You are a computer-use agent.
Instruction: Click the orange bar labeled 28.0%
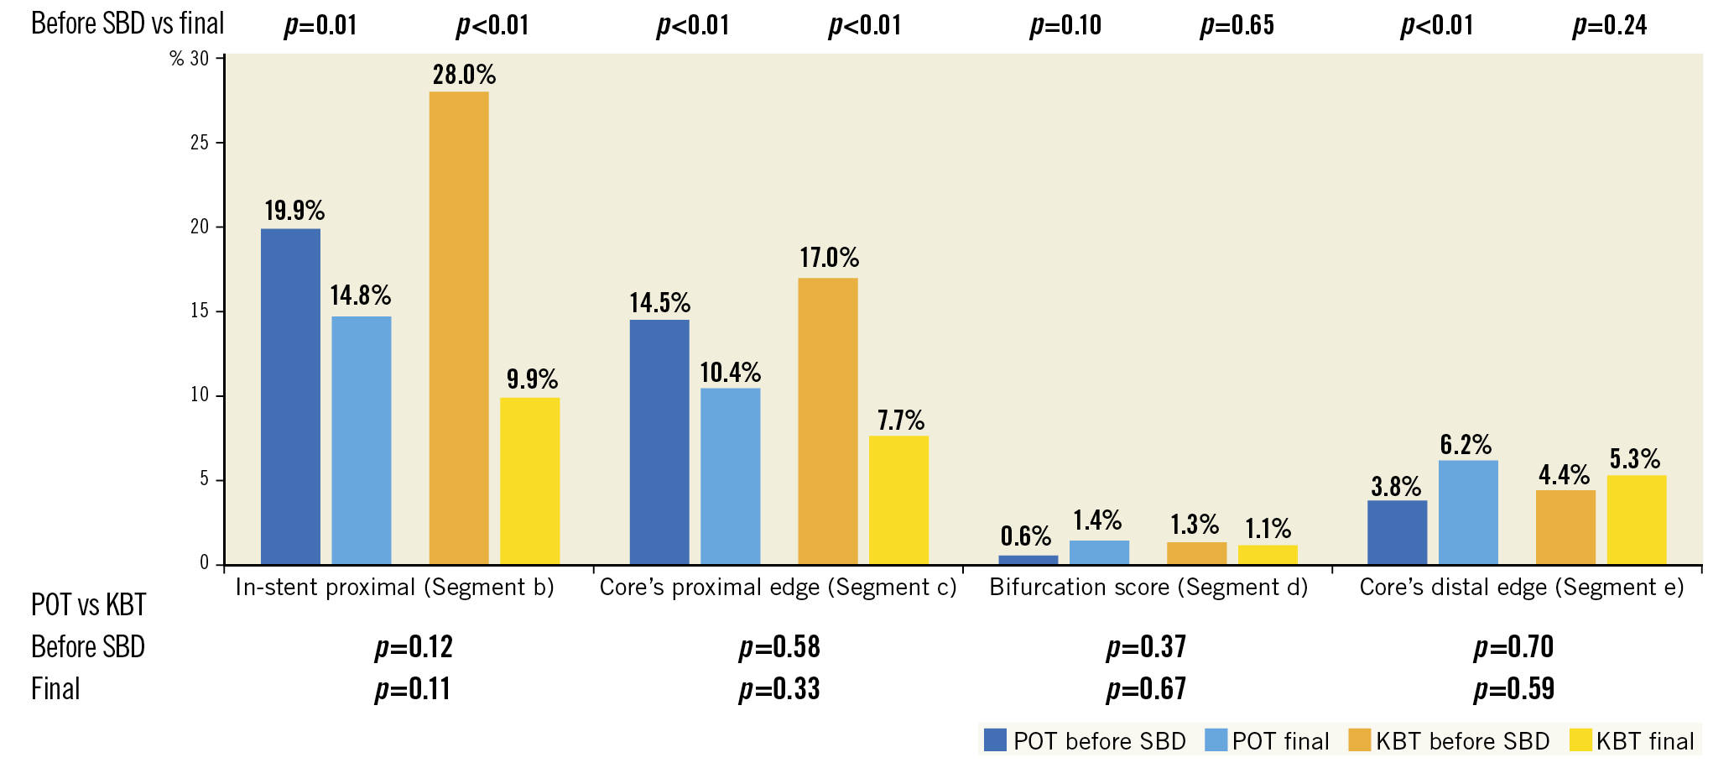pyautogui.click(x=458, y=327)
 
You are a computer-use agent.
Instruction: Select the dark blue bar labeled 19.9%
pyautogui.click(x=290, y=396)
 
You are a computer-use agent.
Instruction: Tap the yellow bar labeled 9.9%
pyautogui.click(x=529, y=480)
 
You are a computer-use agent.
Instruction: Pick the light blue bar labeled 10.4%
pyautogui.click(x=730, y=476)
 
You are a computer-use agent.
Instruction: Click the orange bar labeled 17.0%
pyautogui.click(x=827, y=421)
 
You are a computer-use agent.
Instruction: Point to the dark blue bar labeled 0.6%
pyautogui.click(x=1028, y=560)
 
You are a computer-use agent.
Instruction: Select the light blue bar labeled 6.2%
pyautogui.click(x=1468, y=512)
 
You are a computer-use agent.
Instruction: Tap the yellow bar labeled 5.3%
pyautogui.click(x=1636, y=520)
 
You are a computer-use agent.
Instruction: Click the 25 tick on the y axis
pyautogui.click(x=200, y=143)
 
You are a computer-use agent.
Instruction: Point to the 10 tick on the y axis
pyautogui.click(x=200, y=395)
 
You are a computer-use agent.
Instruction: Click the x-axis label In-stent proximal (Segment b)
pyautogui.click(x=394, y=587)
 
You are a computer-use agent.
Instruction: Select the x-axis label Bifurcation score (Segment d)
pyautogui.click(x=1148, y=587)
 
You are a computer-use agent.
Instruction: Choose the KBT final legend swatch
pyautogui.click(x=1580, y=740)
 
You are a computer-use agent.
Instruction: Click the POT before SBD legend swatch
pyautogui.click(x=995, y=740)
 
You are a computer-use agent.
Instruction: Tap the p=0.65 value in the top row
pyautogui.click(x=1237, y=26)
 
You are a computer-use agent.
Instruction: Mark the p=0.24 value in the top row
pyautogui.click(x=1609, y=26)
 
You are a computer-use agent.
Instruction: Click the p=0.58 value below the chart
pyautogui.click(x=779, y=647)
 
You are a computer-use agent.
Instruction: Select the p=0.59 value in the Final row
pyautogui.click(x=1513, y=689)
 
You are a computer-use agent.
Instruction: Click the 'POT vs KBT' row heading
pyautogui.click(x=88, y=604)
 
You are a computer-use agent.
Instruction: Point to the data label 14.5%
pyautogui.click(x=660, y=303)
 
